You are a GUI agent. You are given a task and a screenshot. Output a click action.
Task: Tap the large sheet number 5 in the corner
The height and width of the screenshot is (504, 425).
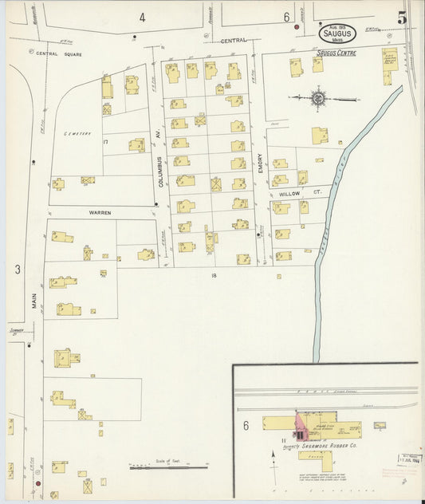pyautogui.click(x=403, y=16)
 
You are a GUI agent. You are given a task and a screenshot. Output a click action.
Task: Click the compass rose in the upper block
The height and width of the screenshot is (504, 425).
pyautogui.click(x=318, y=99)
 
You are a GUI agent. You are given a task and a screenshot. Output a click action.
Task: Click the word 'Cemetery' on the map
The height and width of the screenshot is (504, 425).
pyautogui.click(x=79, y=133)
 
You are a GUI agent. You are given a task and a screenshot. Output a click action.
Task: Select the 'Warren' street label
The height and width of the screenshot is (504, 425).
pyautogui.click(x=100, y=213)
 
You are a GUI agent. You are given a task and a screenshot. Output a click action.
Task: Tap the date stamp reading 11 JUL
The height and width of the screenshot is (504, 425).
pyautogui.click(x=409, y=459)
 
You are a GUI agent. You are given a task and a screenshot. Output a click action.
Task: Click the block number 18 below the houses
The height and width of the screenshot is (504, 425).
pyautogui.click(x=213, y=275)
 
